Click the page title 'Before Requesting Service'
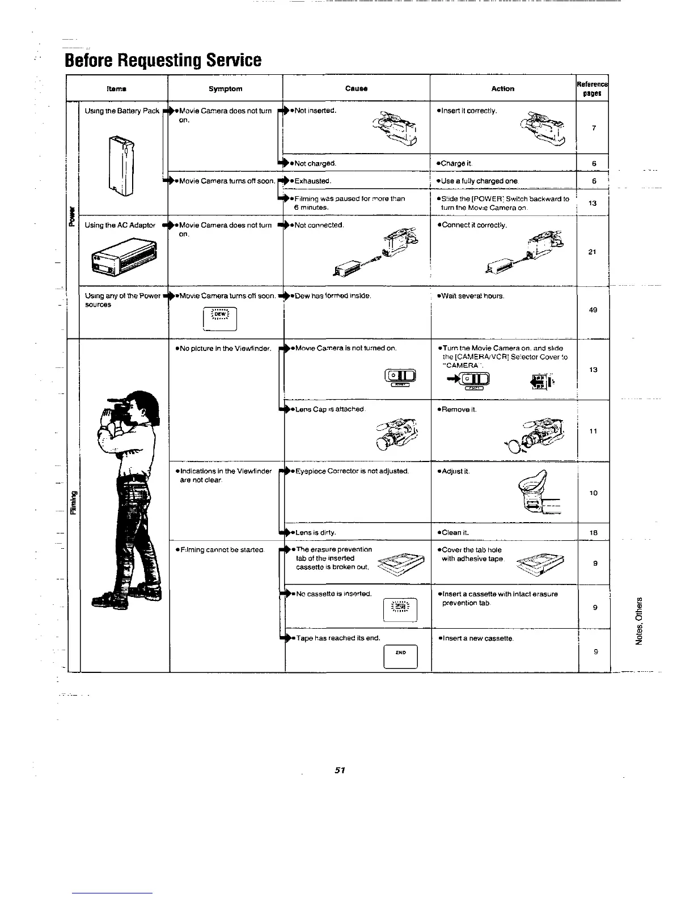(x=163, y=60)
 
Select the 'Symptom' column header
(x=225, y=89)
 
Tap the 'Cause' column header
(x=356, y=89)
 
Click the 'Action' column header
(x=503, y=89)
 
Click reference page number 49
(x=593, y=310)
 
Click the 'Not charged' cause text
(x=315, y=164)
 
